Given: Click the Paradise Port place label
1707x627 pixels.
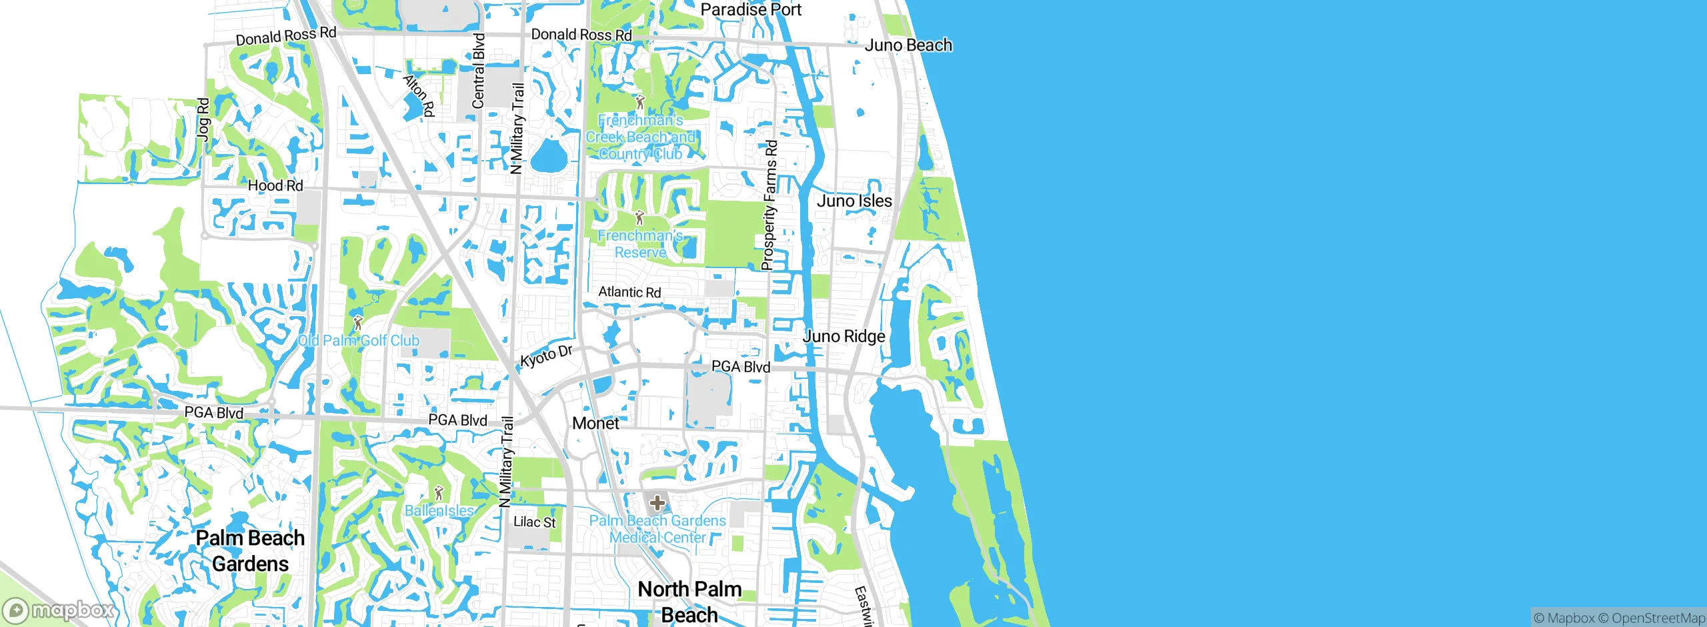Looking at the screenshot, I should pyautogui.click(x=751, y=9).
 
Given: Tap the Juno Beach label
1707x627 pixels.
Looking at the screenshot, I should pyautogui.click(x=908, y=45).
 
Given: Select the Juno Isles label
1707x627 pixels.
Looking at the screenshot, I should pyautogui.click(x=854, y=201).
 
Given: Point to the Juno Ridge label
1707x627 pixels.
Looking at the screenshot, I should pyautogui.click(x=843, y=336).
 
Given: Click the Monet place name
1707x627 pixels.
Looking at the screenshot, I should pyautogui.click(x=595, y=424).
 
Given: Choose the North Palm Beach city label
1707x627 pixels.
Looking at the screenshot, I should pyautogui.click(x=689, y=602).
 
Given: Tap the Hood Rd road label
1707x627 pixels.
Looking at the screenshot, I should pyautogui.click(x=275, y=185).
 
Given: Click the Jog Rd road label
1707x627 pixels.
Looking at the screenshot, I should pyautogui.click(x=203, y=119).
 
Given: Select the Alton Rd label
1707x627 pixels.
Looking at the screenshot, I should pyautogui.click(x=419, y=95).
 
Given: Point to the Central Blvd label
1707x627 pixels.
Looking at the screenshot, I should pyautogui.click(x=479, y=71).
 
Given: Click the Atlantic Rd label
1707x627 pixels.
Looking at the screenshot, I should pyautogui.click(x=629, y=292).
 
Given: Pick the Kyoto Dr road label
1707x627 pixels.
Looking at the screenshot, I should pyautogui.click(x=546, y=356).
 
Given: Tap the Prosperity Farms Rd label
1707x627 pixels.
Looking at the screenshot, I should pyautogui.click(x=770, y=205).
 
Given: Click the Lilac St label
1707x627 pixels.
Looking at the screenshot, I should pyautogui.click(x=534, y=522).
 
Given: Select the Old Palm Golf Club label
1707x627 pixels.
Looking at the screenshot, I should pyautogui.click(x=359, y=340).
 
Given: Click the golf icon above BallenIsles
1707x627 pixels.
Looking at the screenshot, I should pyautogui.click(x=439, y=494).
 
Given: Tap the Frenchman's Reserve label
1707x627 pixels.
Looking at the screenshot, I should pyautogui.click(x=640, y=244).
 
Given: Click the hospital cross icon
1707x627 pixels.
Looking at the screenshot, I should pyautogui.click(x=657, y=502).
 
